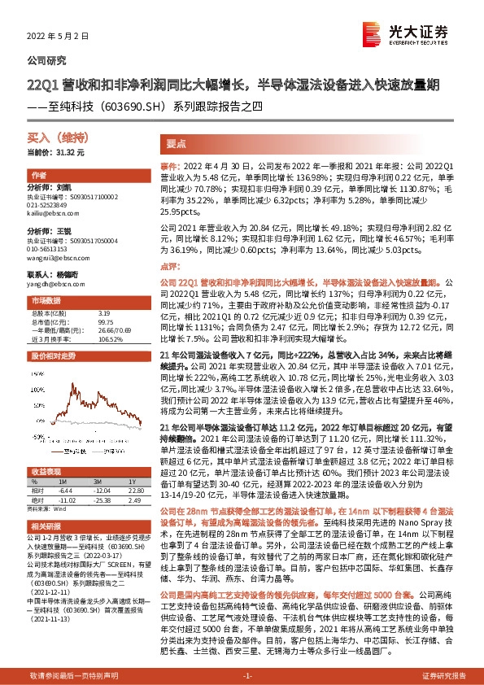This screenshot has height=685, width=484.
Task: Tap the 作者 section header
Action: pyautogui.click(x=39, y=176)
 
